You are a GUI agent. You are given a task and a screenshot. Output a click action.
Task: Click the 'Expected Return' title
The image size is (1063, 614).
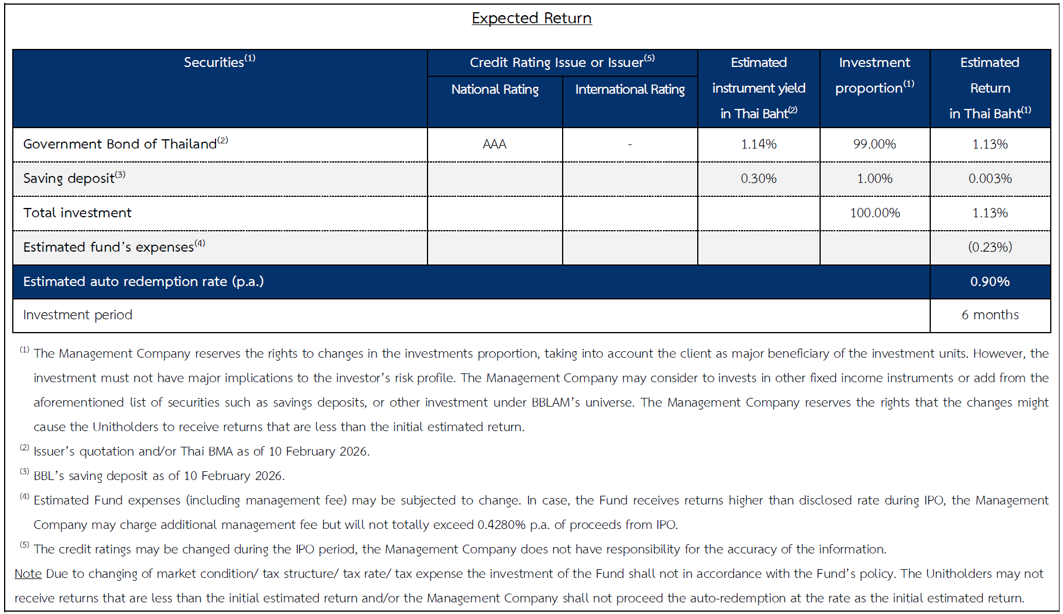coord(531,18)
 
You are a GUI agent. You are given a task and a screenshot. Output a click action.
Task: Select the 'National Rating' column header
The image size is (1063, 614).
coord(495,89)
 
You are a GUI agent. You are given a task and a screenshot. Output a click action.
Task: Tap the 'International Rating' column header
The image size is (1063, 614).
coord(630,89)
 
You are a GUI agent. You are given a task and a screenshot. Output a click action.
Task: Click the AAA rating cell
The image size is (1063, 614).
coord(495,144)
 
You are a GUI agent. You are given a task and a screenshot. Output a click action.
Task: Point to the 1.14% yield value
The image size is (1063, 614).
coord(758,144)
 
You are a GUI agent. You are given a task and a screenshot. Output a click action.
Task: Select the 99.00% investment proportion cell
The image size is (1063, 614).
coord(874,144)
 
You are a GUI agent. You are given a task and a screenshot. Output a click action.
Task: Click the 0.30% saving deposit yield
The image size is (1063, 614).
coord(758,178)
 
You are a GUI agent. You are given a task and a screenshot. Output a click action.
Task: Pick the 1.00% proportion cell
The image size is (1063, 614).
coord(874,178)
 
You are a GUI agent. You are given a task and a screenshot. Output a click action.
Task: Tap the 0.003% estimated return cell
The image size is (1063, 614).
coord(990,178)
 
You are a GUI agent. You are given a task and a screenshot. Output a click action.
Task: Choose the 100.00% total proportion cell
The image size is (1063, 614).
coord(874,213)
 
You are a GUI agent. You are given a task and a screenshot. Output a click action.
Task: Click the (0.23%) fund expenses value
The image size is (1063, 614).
coord(990,247)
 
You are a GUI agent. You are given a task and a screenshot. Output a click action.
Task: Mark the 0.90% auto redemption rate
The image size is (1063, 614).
coord(990,281)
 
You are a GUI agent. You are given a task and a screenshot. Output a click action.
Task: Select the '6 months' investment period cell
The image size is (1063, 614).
coord(990,315)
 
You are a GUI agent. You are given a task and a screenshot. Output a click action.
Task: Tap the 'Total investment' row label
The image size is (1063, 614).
coord(77,213)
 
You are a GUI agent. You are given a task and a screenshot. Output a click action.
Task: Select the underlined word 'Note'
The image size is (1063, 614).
coord(28,574)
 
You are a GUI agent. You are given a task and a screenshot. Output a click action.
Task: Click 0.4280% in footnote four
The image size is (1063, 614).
coord(501,525)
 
